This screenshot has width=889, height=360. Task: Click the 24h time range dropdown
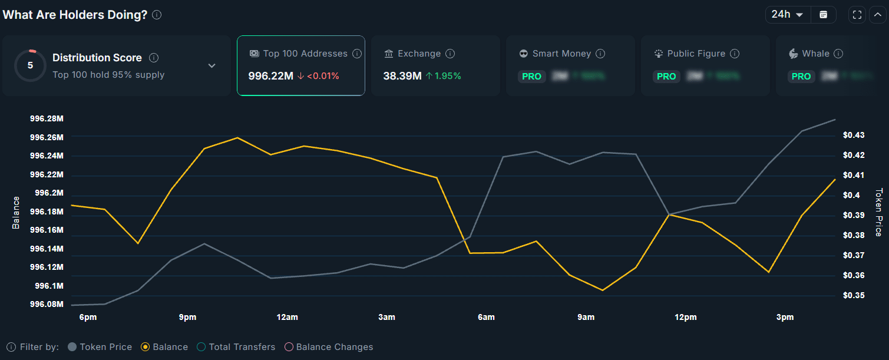[788, 15]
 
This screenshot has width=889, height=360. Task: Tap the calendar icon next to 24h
[824, 15]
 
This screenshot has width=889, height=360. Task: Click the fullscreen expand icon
[857, 15]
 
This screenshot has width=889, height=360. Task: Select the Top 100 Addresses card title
[305, 54]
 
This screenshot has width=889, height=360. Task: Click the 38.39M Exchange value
[402, 76]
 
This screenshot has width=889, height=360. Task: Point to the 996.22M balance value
[270, 76]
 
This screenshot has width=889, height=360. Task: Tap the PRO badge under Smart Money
[531, 77]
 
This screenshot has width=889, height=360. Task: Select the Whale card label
[815, 54]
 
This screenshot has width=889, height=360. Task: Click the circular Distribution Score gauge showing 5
[30, 65]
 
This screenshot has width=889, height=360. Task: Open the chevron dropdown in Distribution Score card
[212, 66]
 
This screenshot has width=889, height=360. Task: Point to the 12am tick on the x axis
[287, 318]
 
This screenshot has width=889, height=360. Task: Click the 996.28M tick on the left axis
[47, 119]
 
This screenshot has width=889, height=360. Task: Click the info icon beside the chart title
[157, 15]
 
